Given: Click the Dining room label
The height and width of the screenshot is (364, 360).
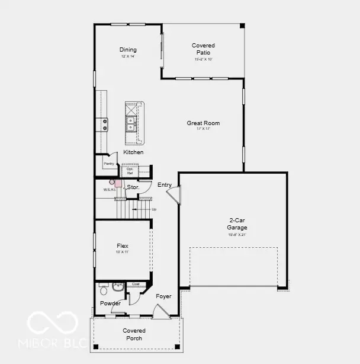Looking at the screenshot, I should (x=128, y=50).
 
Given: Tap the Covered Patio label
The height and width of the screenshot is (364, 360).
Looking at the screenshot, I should (x=203, y=49).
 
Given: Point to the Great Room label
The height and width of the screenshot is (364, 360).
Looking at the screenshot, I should (x=203, y=123).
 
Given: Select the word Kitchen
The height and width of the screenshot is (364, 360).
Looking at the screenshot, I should (x=133, y=152).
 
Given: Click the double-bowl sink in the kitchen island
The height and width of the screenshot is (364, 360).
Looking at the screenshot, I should (x=131, y=123).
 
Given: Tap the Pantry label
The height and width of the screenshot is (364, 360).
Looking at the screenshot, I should (x=109, y=164).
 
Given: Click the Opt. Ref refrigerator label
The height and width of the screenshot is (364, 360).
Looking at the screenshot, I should (x=130, y=170).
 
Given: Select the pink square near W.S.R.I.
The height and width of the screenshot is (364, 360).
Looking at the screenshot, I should (x=118, y=184).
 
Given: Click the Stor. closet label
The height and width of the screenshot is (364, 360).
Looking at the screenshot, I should (x=133, y=187).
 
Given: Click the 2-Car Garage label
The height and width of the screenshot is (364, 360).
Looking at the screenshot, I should (x=237, y=223).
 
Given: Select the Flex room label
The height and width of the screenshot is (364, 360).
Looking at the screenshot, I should (x=123, y=246).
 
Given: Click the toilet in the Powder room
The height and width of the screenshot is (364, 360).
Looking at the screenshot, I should (x=104, y=290).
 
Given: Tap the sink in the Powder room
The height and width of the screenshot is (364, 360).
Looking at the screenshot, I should (x=117, y=287).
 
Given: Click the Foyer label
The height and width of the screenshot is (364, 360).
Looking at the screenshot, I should (x=163, y=296).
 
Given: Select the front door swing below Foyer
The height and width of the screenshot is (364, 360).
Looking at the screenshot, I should (x=159, y=311).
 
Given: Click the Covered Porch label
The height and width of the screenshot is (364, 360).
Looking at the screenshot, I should (x=134, y=334).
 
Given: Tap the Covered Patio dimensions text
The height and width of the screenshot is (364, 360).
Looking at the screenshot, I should (x=203, y=59).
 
